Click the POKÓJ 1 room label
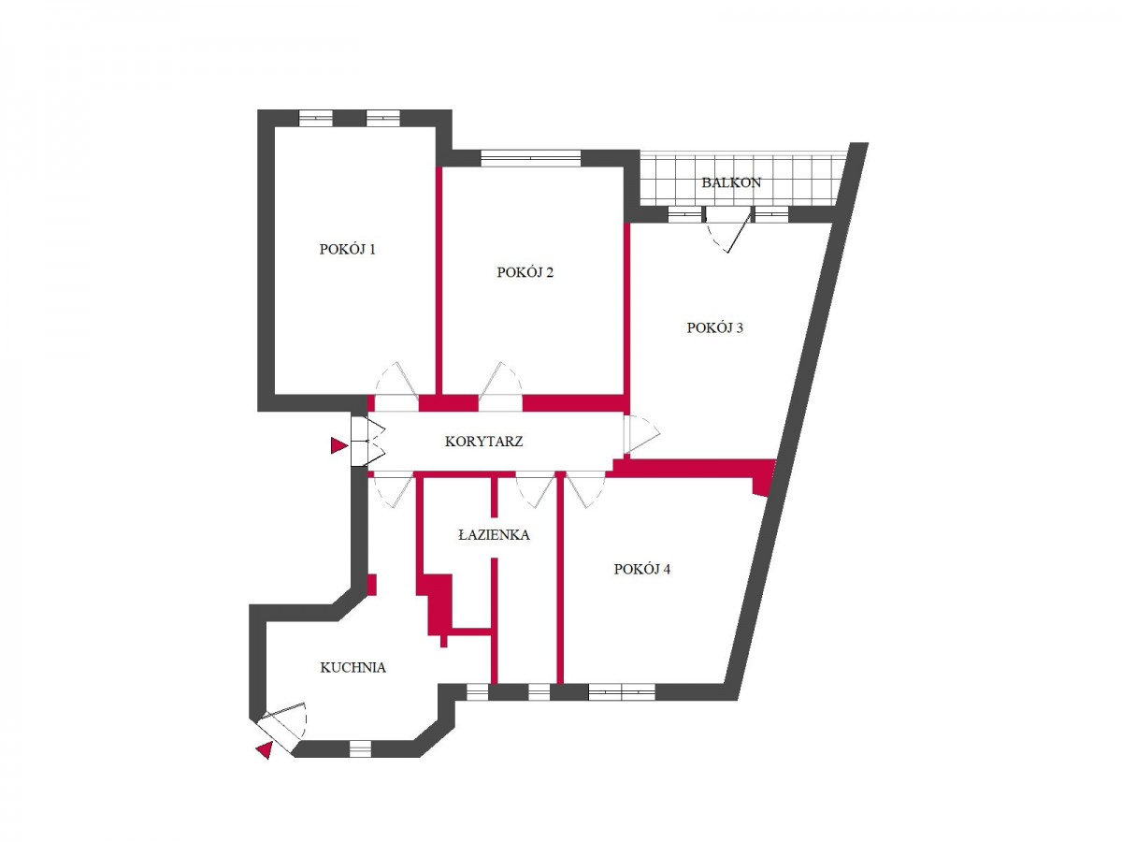[x=347, y=250]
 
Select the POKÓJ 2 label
[x=525, y=272]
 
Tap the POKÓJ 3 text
[x=714, y=327]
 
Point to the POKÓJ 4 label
[x=642, y=569]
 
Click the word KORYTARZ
[x=483, y=442]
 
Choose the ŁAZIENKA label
[x=494, y=535]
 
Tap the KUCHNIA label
[x=352, y=667]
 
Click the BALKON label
[x=731, y=182]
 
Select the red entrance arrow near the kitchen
[x=265, y=750]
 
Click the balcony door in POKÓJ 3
[x=728, y=230]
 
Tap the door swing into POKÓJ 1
[x=397, y=382]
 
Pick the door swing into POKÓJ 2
[x=500, y=382]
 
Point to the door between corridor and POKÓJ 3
[x=641, y=434]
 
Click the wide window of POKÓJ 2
[x=531, y=158]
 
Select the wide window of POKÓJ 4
[x=622, y=692]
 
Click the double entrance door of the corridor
[x=368, y=442]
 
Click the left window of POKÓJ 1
[x=315, y=118]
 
